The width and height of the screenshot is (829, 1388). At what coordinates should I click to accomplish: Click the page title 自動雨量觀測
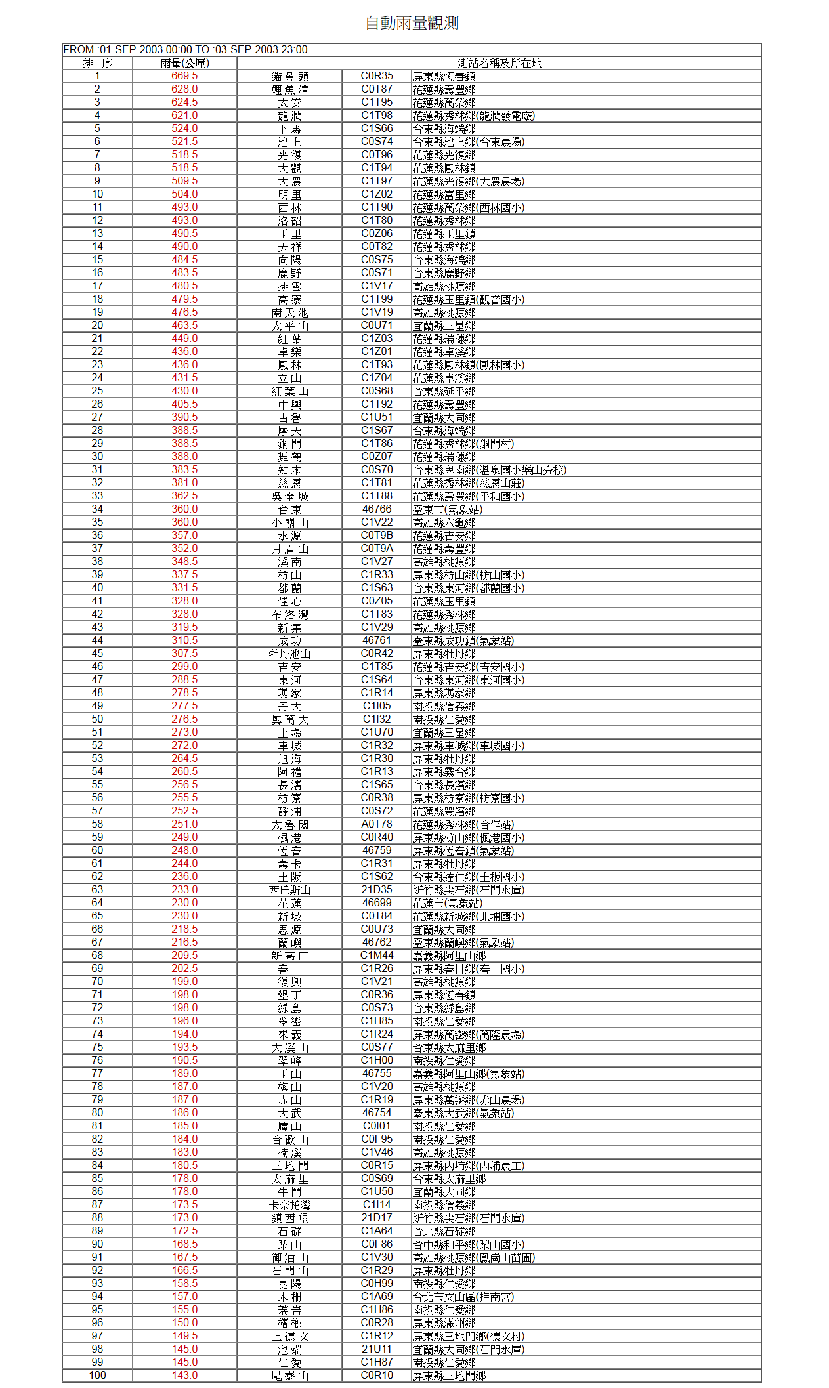click(412, 23)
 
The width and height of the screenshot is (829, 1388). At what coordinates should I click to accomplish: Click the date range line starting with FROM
click(185, 49)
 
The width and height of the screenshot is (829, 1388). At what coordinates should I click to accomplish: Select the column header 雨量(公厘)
click(184, 63)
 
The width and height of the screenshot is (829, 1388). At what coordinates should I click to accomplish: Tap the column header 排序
click(97, 63)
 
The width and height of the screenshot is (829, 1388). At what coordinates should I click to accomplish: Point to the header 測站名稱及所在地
click(499, 63)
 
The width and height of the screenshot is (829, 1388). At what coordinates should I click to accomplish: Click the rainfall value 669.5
click(184, 76)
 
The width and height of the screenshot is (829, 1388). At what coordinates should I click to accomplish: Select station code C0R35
click(377, 76)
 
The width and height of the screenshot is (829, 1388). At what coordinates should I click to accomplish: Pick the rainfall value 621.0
click(184, 116)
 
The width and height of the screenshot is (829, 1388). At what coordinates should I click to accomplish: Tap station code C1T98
click(377, 116)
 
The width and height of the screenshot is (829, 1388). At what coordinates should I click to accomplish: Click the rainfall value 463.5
click(184, 326)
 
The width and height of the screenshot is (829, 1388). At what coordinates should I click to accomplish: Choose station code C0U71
click(377, 326)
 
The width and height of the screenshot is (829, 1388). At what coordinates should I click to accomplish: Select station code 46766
click(377, 509)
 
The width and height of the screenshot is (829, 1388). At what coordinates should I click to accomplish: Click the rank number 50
click(97, 719)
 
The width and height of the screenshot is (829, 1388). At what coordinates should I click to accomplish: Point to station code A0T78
click(377, 824)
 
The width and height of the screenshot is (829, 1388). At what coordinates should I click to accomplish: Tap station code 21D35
click(377, 890)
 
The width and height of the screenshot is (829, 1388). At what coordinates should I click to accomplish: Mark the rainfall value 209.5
click(184, 956)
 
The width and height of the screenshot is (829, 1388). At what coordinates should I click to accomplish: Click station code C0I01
click(377, 1126)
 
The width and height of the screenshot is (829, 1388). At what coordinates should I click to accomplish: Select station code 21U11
click(377, 1349)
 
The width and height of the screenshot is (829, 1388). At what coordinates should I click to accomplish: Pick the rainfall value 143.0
click(184, 1376)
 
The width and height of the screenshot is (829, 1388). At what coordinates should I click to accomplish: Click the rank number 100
click(97, 1376)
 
